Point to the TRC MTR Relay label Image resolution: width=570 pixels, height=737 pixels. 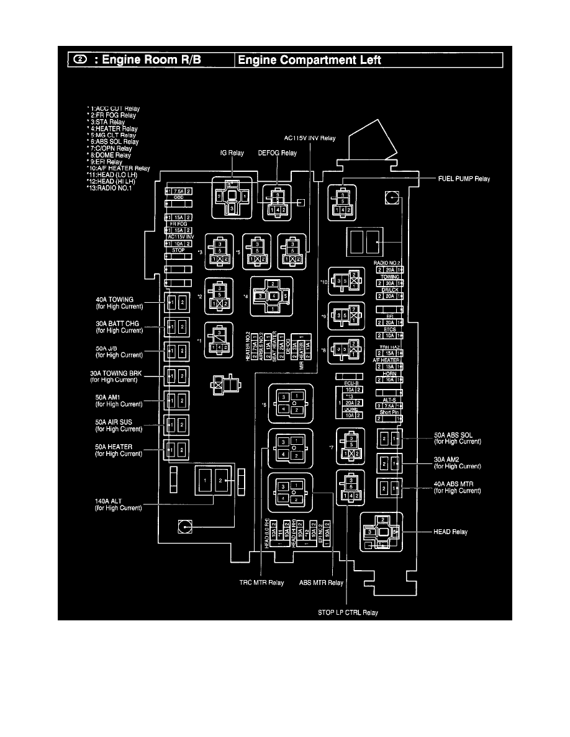[262, 583]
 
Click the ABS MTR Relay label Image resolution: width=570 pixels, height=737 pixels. [321, 583]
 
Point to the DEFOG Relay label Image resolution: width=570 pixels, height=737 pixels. [277, 153]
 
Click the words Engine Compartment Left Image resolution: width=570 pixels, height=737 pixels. [309, 60]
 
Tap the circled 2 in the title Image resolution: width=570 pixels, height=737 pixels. [80, 60]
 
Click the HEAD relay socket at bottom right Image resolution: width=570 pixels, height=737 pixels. [382, 532]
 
